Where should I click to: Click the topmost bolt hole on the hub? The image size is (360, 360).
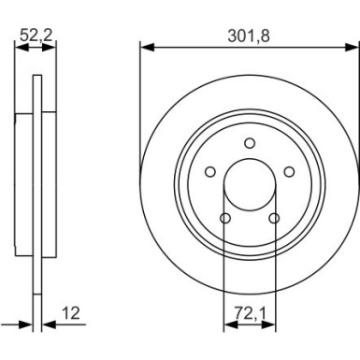[x=250, y=142]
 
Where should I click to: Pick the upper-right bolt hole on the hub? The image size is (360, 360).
[x=290, y=171]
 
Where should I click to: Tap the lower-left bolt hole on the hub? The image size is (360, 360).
[x=224, y=219]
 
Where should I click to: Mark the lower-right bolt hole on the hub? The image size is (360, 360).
[x=274, y=219]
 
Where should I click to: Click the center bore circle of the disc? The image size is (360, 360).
[x=250, y=184]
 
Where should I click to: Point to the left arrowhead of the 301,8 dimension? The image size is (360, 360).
[x=145, y=47]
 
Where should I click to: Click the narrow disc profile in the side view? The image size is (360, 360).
[x=38, y=187]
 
